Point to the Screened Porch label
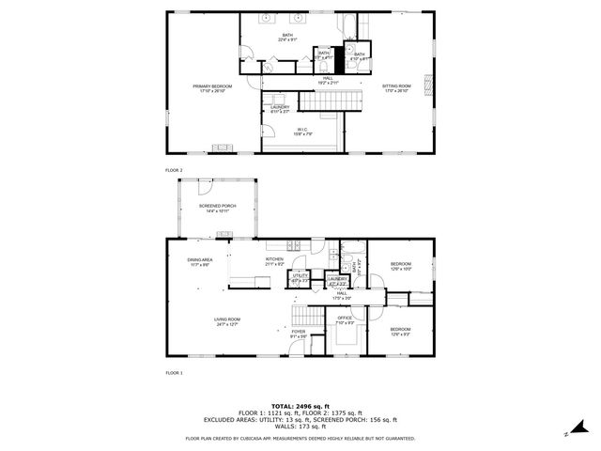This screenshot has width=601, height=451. tap(217, 208)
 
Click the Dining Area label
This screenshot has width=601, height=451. tap(199, 262)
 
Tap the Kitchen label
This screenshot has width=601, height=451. tap(274, 261)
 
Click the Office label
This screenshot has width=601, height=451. tap(345, 320)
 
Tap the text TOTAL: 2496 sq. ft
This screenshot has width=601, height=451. tap(300, 405)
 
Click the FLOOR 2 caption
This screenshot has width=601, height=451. tap(174, 169)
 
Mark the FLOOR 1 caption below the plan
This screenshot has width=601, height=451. tap(174, 373)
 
